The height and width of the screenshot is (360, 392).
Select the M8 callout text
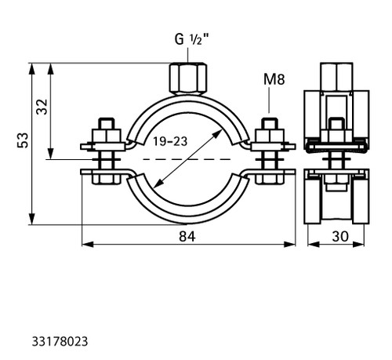pyautogui.click(x=274, y=79)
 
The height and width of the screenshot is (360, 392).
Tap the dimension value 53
pyautogui.click(x=23, y=140)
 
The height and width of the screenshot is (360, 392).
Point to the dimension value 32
pyautogui.click(x=42, y=107)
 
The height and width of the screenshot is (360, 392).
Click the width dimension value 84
pyautogui.click(x=187, y=237)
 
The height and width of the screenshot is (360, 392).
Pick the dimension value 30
pyautogui.click(x=340, y=237)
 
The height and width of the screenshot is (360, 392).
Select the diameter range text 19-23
pyautogui.click(x=170, y=141)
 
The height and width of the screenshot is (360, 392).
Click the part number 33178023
pyautogui.click(x=60, y=341)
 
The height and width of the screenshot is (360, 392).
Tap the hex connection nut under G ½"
pyautogui.click(x=187, y=78)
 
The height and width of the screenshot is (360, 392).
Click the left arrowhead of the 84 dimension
pyautogui.click(x=88, y=245)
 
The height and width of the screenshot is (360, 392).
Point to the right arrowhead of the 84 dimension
pyautogui.click(x=290, y=245)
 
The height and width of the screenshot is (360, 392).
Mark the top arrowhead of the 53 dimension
pyautogui.click(x=32, y=69)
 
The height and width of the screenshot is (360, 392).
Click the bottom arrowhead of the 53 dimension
pyautogui.click(x=32, y=219)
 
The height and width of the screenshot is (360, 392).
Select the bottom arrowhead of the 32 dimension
pyautogui.click(x=51, y=154)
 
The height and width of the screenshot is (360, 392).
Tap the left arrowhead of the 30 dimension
pyautogui.click(x=314, y=245)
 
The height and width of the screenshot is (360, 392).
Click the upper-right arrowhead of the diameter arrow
pyautogui.click(x=217, y=134)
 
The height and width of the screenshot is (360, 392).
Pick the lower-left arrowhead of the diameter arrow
pyautogui.click(x=158, y=184)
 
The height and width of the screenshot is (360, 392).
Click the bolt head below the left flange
pyautogui.click(x=106, y=179)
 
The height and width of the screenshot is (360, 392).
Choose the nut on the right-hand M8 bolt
pyautogui.click(x=270, y=136)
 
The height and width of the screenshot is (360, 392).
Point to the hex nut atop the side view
pyautogui.click(x=336, y=77)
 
